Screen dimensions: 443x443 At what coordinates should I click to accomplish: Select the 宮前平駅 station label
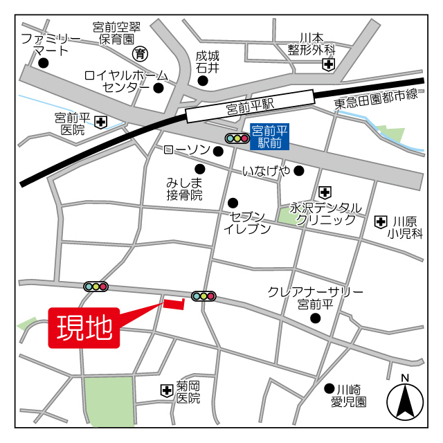250,107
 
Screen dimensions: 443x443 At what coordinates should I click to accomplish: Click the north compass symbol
405,402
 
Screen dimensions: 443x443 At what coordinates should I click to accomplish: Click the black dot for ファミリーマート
44,63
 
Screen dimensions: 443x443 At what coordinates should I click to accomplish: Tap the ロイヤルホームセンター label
125,81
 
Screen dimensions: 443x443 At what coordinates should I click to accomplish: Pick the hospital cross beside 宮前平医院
101,123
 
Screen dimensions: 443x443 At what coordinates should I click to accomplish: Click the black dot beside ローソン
218,152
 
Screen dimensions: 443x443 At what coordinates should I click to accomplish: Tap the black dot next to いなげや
298,170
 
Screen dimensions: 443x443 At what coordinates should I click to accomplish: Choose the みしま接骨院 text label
184,189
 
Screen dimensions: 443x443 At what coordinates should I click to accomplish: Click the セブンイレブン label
246,222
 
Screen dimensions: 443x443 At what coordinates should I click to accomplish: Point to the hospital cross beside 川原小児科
380,222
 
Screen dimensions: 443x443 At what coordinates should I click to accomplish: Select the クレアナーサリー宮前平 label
316,298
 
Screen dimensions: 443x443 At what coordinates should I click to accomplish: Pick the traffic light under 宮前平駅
237,138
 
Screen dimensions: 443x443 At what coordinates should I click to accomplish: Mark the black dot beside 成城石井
203,81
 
